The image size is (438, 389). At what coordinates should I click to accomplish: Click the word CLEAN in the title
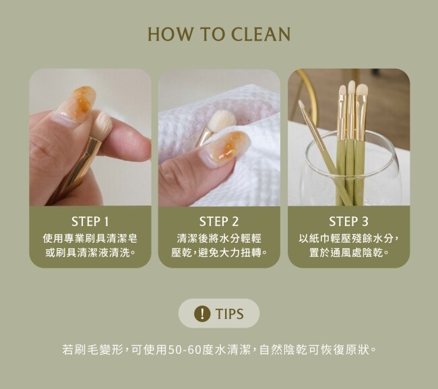pyautogui.click(x=261, y=34)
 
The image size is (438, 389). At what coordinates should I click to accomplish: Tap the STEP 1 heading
pyautogui.click(x=90, y=222)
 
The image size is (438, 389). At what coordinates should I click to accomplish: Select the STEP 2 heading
pyautogui.click(x=219, y=222)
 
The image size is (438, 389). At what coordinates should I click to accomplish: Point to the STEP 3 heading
pyautogui.click(x=348, y=222)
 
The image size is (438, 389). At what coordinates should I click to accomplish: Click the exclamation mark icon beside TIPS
pyautogui.click(x=202, y=313)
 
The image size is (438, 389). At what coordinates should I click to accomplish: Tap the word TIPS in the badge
pyautogui.click(x=229, y=313)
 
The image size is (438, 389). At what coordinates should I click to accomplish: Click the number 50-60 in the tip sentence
pyautogui.click(x=185, y=350)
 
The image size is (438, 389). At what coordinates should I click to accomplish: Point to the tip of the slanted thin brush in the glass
pyautogui.click(x=301, y=102)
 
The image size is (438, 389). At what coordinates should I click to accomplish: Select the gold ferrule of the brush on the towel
pyautogui.click(x=204, y=137)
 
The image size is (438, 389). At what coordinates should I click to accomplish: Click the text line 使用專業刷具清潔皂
pyautogui.click(x=90, y=239)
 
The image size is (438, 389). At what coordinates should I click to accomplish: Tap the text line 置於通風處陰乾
pyautogui.click(x=348, y=253)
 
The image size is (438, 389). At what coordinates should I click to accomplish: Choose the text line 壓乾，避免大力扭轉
pyautogui.click(x=219, y=253)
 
